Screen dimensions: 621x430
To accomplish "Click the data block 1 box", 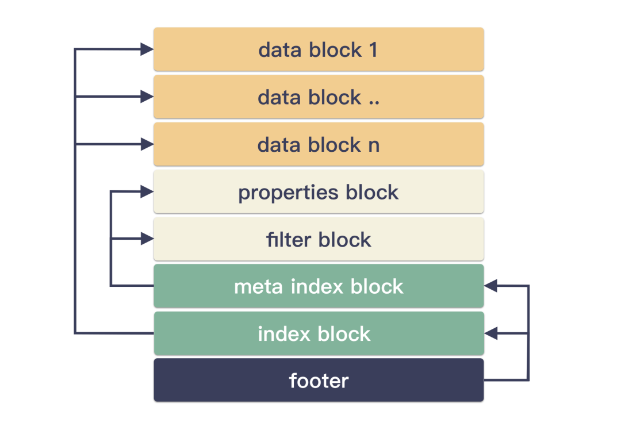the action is click(x=319, y=49).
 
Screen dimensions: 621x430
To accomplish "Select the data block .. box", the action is click(x=319, y=97).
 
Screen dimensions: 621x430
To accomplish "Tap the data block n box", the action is click(x=319, y=144).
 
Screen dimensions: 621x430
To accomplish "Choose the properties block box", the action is click(x=319, y=191).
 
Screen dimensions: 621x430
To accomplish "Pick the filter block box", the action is click(x=319, y=239).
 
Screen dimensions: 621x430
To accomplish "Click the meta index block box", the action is click(x=319, y=286).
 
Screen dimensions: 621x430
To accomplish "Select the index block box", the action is click(x=319, y=333).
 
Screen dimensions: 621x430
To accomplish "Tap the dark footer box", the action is click(x=319, y=380).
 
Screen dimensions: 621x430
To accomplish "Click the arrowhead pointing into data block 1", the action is click(x=147, y=49).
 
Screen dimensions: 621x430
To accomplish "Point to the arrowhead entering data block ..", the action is click(x=147, y=96).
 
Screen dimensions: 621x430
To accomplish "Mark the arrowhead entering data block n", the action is click(x=147, y=144).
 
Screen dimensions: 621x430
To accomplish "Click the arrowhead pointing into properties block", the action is click(x=147, y=191).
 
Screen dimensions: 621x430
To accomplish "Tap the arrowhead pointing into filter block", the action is click(x=147, y=239).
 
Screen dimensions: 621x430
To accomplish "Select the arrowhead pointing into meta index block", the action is click(x=490, y=286).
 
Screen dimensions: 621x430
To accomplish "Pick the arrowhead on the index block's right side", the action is click(x=490, y=333).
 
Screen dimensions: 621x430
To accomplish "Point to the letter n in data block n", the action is click(x=374, y=146).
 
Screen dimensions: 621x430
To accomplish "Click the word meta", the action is click(x=259, y=287).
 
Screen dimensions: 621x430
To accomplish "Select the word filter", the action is click(x=289, y=240).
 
